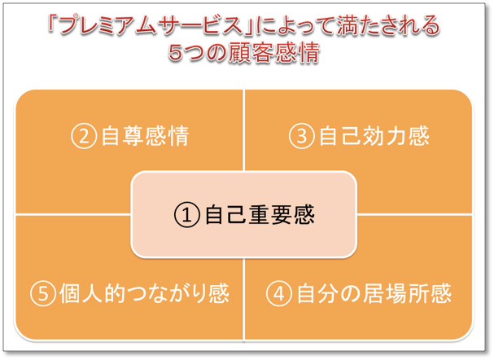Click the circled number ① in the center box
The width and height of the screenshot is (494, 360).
pyautogui.click(x=187, y=215)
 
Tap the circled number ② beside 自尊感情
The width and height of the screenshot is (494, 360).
pyautogui.click(x=84, y=136)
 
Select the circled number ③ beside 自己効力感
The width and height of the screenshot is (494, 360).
pyautogui.click(x=301, y=136)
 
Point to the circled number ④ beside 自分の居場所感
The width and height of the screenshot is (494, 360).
pyautogui.click(x=278, y=293)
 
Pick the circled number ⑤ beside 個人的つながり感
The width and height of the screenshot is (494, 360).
pyautogui.click(x=43, y=293)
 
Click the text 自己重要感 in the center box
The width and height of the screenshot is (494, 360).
pyautogui.click(x=260, y=215)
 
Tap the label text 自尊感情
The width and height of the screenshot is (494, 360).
pyautogui.click(x=145, y=136)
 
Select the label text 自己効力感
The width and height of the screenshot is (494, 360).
pyautogui.click(x=374, y=136)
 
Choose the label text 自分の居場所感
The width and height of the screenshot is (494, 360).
pyautogui.click(x=374, y=293)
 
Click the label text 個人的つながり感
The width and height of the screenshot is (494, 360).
pyautogui.click(x=144, y=293)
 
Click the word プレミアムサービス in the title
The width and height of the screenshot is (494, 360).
pyautogui.click(x=151, y=25)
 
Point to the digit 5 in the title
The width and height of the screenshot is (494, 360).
pyautogui.click(x=176, y=52)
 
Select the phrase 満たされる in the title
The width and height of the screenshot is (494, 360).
pyautogui.click(x=388, y=25)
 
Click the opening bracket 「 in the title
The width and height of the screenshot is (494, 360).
pyautogui.click(x=52, y=23)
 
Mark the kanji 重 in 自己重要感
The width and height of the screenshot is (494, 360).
pyautogui.click(x=260, y=215)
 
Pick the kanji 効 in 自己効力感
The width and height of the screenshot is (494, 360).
pyautogui.click(x=374, y=136)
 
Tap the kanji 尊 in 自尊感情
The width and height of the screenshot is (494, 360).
pyautogui.click(x=134, y=136)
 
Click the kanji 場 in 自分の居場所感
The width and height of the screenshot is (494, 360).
pyautogui.click(x=396, y=293)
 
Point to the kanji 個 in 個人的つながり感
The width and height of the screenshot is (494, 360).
pyautogui.click(x=70, y=293)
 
